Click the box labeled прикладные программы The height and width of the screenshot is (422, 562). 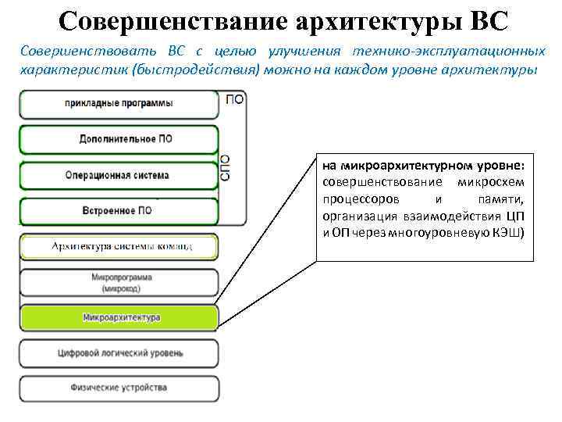119,104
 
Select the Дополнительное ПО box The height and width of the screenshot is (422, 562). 119,139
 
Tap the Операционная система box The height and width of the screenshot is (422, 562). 119,175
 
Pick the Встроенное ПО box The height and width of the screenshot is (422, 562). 119,210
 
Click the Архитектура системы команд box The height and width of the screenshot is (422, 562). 119,247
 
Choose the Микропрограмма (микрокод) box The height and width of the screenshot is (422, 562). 119,283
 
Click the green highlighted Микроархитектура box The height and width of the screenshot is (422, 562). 119,317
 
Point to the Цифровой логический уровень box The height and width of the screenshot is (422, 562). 119,352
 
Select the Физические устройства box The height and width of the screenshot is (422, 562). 119,388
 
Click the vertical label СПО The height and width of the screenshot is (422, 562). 226,168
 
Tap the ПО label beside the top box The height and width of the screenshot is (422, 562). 233,100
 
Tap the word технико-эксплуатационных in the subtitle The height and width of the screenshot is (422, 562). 447,52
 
